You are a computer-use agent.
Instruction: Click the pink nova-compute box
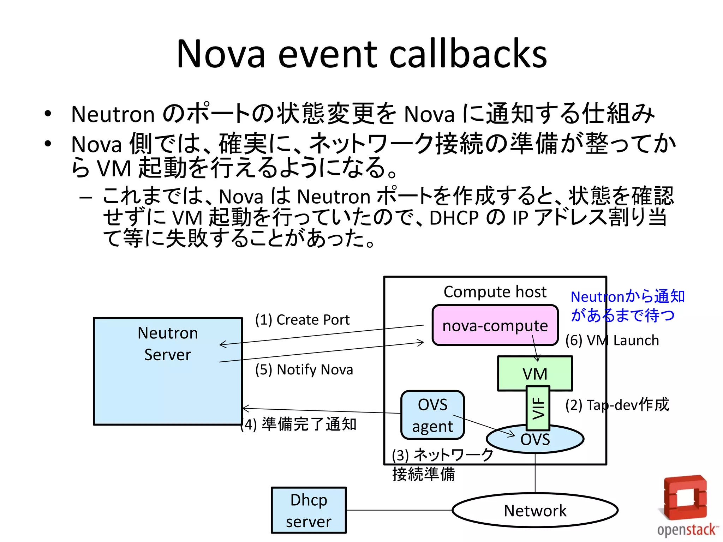(x=495, y=325)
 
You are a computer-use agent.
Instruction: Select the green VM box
(x=535, y=373)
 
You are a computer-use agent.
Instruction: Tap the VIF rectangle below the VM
(x=538, y=408)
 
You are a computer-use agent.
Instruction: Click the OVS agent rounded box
(x=432, y=415)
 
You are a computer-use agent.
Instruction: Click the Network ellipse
(x=535, y=510)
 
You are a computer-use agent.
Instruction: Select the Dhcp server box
(x=309, y=510)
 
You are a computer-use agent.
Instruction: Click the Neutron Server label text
(x=168, y=344)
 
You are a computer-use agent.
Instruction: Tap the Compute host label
(x=495, y=292)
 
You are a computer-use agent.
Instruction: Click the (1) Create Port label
(x=302, y=320)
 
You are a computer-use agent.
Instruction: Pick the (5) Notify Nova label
(x=304, y=369)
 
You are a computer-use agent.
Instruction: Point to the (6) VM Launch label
(x=612, y=341)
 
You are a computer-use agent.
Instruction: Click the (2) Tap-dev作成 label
(x=617, y=405)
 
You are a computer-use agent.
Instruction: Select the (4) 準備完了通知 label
(x=298, y=424)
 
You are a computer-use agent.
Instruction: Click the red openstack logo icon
(x=685, y=498)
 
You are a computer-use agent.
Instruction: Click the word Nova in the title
(x=221, y=54)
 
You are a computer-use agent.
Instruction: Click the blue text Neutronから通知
(x=627, y=296)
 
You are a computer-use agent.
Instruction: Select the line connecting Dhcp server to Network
(x=399, y=510)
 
